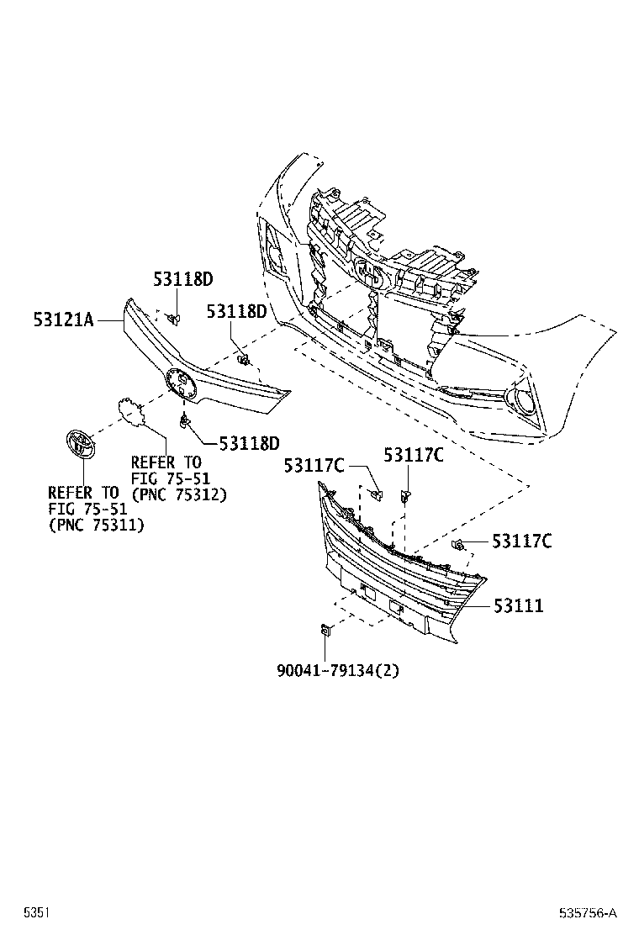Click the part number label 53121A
pyautogui.click(x=63, y=320)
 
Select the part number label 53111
pyautogui.click(x=518, y=605)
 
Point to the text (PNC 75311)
pyautogui.click(x=96, y=525)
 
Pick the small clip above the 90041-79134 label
pyautogui.click(x=325, y=629)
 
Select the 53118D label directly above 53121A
pyautogui.click(x=182, y=280)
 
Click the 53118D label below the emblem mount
pyautogui.click(x=249, y=442)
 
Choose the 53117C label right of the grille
pyautogui.click(x=521, y=541)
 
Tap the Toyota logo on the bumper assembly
pyautogui.click(x=367, y=273)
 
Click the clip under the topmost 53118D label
pyautogui.click(x=174, y=317)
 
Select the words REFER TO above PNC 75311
pyautogui.click(x=82, y=493)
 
